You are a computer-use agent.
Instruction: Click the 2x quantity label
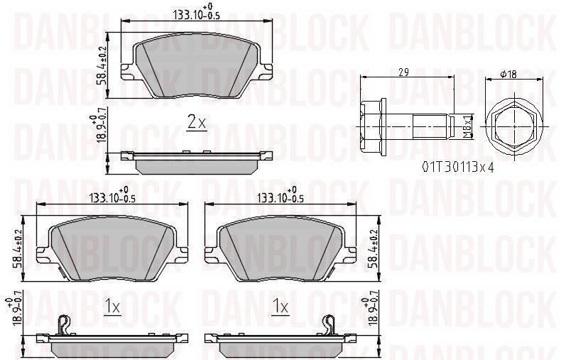[x=197, y=123]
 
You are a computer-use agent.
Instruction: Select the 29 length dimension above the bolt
[x=403, y=72]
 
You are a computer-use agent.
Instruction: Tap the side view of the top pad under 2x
[x=197, y=162]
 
